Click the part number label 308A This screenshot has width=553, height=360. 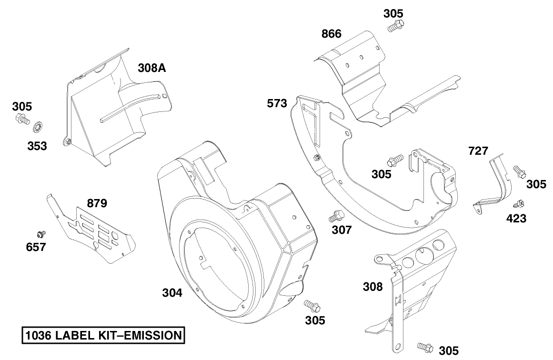coord(152,68)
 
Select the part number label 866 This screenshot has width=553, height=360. coord(331,34)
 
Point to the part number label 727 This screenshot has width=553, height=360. coord(478,151)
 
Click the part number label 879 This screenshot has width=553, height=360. coord(97,203)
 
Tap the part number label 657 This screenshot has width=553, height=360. coord(36,247)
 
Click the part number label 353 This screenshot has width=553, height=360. coord(37,146)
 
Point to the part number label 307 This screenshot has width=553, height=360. coord(342,230)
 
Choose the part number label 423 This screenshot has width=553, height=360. coord(516,219)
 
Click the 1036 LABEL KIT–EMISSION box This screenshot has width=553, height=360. coord(102,335)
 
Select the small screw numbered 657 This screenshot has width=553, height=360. coord(41,233)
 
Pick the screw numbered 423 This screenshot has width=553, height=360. coord(518,205)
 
